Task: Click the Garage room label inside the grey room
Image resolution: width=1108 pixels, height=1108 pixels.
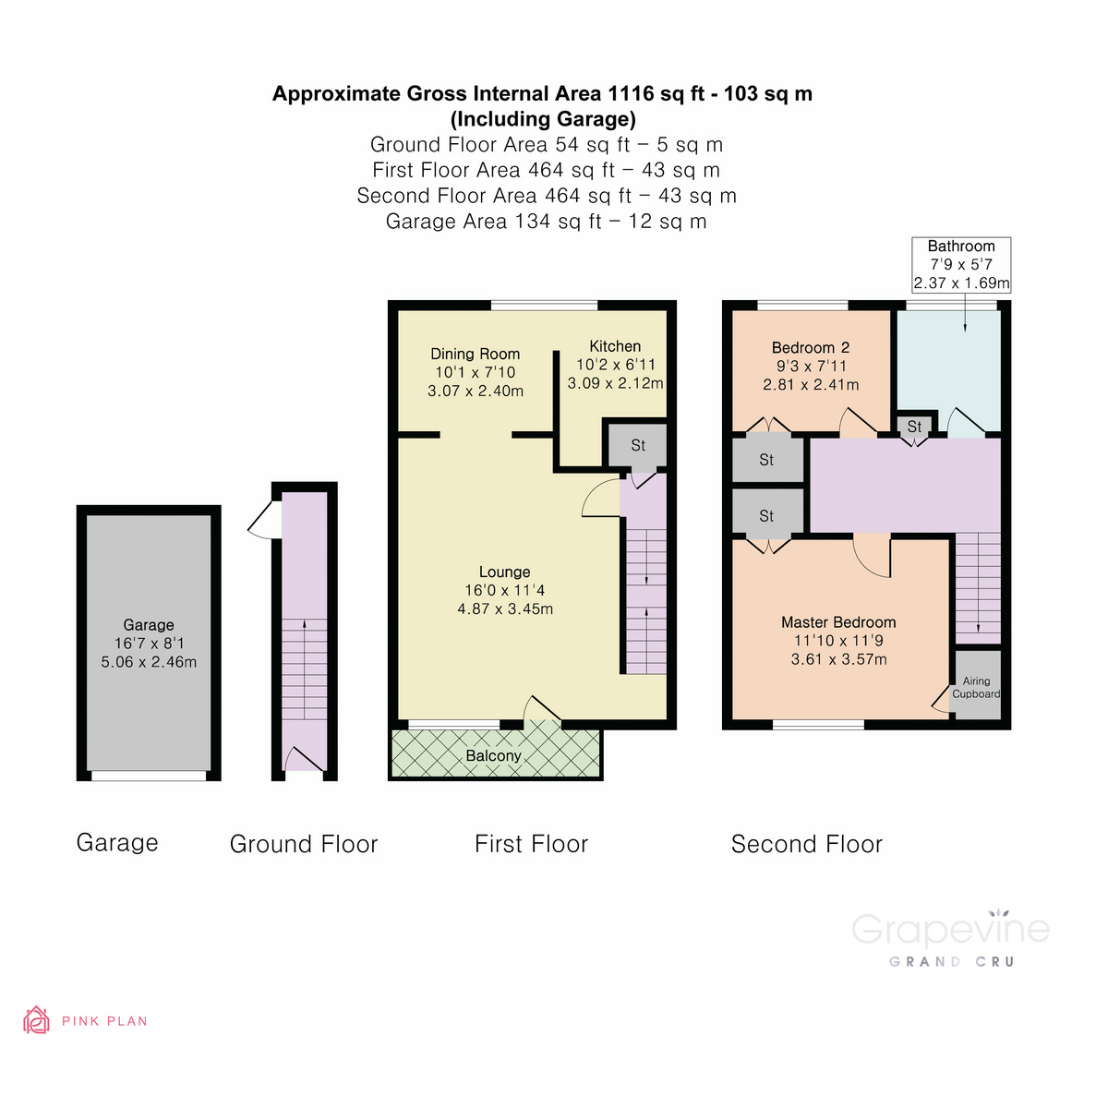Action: tap(149, 625)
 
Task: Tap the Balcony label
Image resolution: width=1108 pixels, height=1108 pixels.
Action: tap(493, 756)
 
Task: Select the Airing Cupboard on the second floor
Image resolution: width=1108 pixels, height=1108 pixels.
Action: tap(976, 687)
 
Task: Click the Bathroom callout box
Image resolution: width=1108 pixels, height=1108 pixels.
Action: tap(961, 265)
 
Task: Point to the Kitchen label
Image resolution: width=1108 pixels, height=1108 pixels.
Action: tap(615, 346)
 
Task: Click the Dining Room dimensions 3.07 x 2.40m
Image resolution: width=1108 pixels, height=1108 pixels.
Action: tap(476, 391)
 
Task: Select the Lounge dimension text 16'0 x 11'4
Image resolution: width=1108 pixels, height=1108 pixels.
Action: tap(505, 591)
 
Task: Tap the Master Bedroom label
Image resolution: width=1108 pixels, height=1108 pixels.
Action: tap(838, 622)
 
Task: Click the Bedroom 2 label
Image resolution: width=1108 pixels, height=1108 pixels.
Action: tap(811, 348)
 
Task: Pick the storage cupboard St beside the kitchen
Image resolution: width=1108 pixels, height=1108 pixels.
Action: tap(638, 446)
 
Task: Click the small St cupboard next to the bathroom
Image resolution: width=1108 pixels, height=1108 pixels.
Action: tap(914, 427)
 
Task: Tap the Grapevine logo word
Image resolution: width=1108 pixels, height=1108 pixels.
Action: tap(950, 930)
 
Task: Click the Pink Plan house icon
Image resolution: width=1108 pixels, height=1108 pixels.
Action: tap(36, 1020)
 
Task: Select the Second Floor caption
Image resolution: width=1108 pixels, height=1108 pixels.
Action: tap(806, 844)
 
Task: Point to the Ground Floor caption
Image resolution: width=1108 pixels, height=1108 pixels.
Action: tap(304, 844)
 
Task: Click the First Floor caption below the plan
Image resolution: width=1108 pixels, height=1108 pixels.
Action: tap(531, 844)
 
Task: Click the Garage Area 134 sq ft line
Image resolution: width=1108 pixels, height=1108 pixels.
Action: tap(546, 222)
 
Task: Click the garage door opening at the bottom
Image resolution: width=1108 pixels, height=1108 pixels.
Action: tap(149, 776)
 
